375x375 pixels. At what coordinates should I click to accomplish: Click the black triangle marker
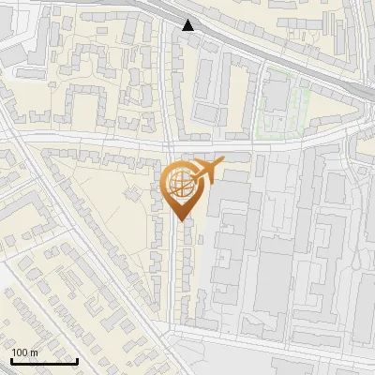pos(189,24)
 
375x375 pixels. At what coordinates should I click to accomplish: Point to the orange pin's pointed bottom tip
pos(180,220)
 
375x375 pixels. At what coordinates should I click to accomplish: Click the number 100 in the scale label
pos(20,352)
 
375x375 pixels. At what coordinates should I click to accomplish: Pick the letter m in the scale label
pos(34,352)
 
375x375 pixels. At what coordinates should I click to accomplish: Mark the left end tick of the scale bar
pos(10,360)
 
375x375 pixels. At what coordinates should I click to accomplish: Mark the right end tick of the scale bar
pos(77,360)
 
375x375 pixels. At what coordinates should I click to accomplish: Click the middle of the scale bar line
pos(43,362)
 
